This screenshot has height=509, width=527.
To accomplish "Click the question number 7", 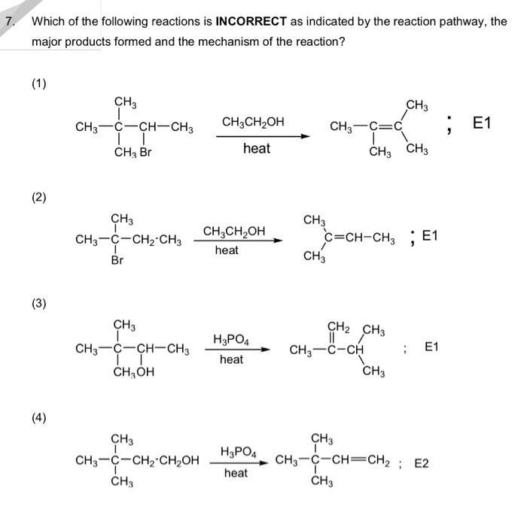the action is (10, 21).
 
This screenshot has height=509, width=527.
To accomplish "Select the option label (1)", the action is (38, 83).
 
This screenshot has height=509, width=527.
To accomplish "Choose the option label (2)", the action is (38, 198).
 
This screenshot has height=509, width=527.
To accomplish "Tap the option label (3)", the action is (38, 304).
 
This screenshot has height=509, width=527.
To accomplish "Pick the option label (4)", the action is (38, 418).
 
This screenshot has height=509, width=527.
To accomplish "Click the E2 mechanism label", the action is (422, 463).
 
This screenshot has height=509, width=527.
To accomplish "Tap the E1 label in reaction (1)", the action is (480, 123).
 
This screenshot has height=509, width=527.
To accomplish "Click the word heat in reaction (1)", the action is (256, 149).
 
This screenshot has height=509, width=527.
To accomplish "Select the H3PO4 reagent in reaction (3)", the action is (231, 340).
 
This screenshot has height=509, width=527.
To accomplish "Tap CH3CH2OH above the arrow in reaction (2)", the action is (234, 231).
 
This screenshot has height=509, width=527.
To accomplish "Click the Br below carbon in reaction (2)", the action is (117, 261).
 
